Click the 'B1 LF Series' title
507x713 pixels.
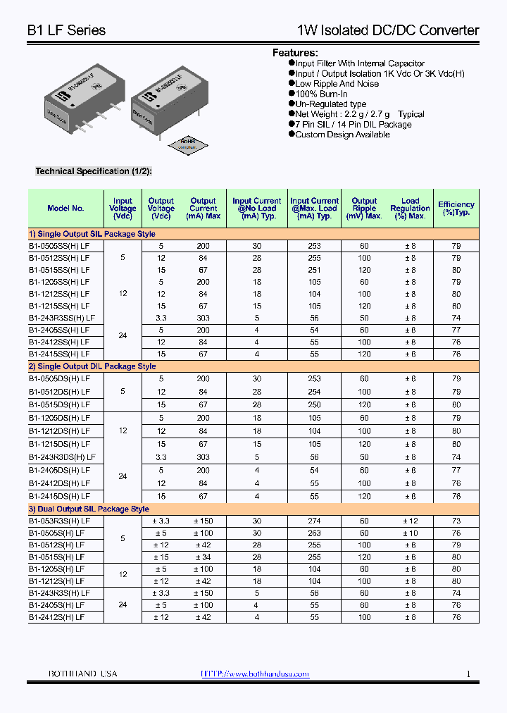(66, 30)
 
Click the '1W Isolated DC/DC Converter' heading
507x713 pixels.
(388, 30)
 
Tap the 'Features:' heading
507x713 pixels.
(295, 53)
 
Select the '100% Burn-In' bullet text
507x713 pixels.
(321, 94)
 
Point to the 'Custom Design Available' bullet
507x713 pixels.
(342, 135)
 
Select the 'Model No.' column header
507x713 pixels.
(65, 208)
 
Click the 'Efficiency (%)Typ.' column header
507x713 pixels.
(456, 208)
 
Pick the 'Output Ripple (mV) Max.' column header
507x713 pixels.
(364, 208)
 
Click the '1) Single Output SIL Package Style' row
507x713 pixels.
(92, 234)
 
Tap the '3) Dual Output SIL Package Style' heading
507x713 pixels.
(89, 509)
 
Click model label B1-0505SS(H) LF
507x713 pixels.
(60, 246)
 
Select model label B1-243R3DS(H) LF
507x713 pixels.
(62, 457)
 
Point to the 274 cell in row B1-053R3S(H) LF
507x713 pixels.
(314, 521)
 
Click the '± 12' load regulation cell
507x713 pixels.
(410, 521)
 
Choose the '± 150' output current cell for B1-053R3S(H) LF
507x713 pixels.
(203, 521)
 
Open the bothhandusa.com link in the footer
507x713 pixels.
(255, 674)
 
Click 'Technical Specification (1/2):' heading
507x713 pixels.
(94, 171)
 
